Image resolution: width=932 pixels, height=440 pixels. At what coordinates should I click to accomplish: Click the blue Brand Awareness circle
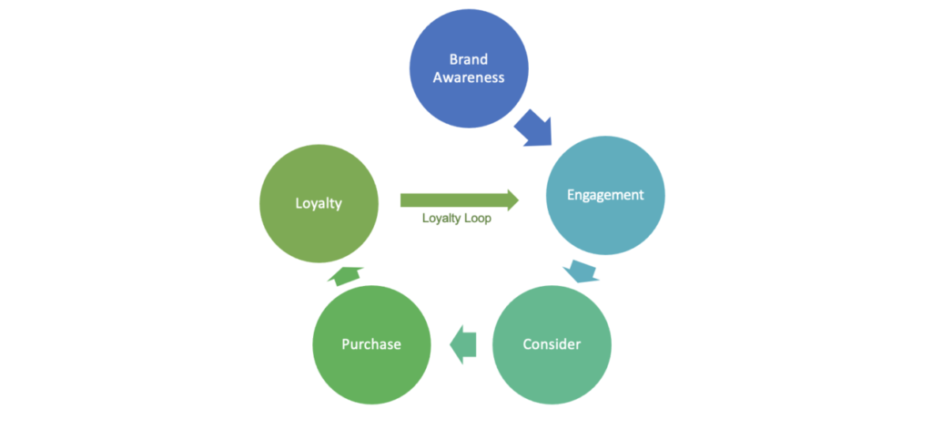point(469,68)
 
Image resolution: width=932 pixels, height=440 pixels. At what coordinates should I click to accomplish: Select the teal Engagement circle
point(605,196)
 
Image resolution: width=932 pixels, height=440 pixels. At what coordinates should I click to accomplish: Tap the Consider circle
point(552,345)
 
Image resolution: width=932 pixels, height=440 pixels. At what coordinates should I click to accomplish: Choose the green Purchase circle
point(371,345)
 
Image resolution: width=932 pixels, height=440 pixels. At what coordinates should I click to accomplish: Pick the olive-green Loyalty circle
point(319,203)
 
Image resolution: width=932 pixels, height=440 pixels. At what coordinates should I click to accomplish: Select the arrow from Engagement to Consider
point(581,271)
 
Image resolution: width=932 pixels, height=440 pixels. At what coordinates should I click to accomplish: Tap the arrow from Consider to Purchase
point(462,345)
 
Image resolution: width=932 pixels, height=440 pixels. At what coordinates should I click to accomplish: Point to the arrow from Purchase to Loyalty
point(345,276)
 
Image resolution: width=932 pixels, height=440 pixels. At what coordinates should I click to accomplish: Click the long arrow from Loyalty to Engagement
point(460,200)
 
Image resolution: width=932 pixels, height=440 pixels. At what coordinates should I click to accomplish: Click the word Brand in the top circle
point(469,59)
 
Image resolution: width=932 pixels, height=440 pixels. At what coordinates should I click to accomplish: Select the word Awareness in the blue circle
point(469,77)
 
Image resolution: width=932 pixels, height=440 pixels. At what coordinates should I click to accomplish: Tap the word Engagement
point(605,196)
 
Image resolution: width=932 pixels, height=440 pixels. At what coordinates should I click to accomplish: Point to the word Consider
point(552,344)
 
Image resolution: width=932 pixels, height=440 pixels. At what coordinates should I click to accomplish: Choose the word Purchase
point(371,344)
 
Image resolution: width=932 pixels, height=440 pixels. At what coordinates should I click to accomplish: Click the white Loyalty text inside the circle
point(319,204)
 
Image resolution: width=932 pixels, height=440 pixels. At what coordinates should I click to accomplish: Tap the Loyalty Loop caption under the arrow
point(457,219)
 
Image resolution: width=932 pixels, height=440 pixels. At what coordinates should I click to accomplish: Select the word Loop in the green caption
point(478,219)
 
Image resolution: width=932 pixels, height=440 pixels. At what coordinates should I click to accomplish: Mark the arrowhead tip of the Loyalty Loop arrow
point(519,200)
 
